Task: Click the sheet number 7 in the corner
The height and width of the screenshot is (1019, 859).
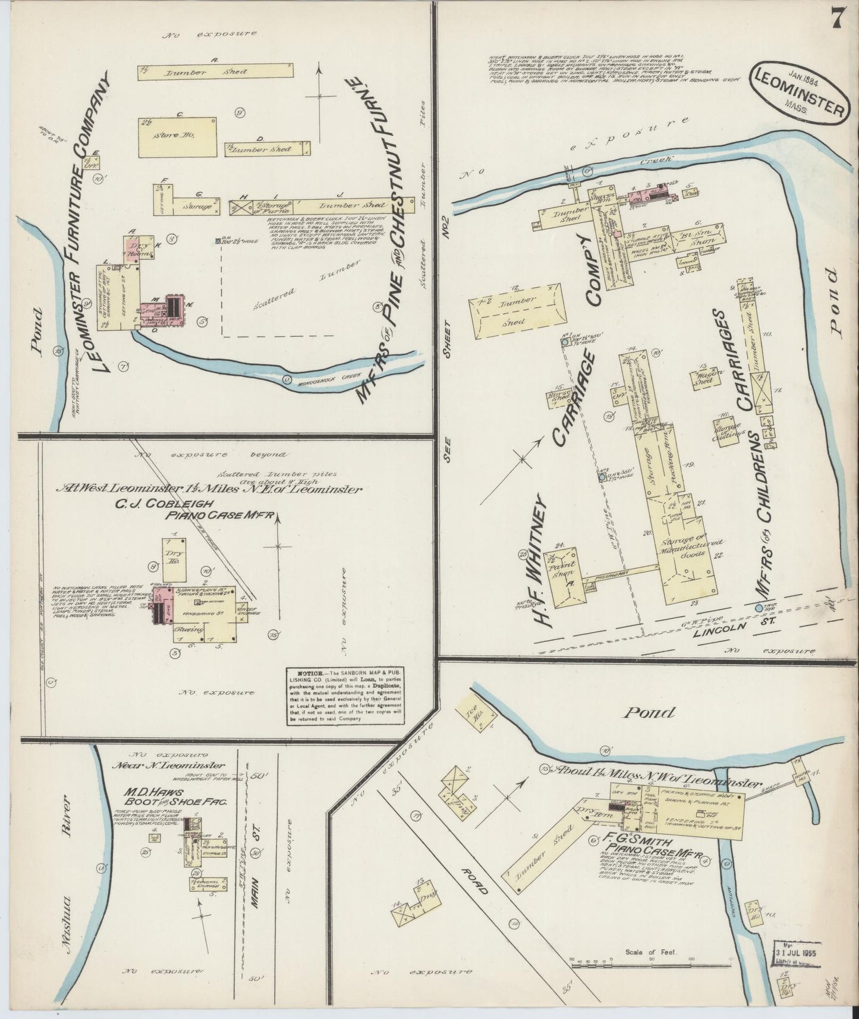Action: coord(836,20)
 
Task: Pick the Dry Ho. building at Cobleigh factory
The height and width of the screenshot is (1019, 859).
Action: coord(175,560)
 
